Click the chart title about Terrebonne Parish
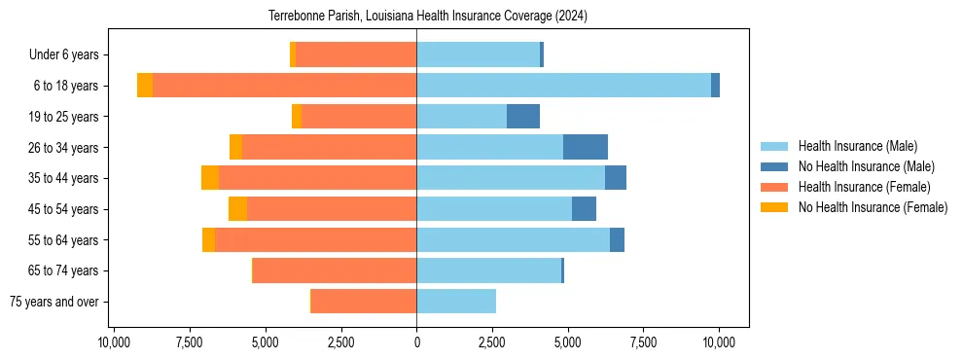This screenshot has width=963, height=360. point(427,17)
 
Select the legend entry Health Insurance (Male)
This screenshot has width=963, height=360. point(857,146)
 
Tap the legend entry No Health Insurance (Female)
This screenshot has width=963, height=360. point(873,207)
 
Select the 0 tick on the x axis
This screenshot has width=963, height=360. point(416,342)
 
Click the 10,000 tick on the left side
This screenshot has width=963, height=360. point(114,342)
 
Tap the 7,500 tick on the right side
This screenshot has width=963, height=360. point(643,342)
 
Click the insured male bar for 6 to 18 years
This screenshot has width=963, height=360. point(563,86)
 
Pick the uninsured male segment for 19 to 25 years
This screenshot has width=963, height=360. point(523,117)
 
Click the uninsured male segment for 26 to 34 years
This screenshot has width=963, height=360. point(586,147)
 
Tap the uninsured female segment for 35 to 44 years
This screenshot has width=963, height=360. point(210,178)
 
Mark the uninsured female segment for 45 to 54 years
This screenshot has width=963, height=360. point(238,209)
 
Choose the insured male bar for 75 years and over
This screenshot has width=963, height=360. point(456,302)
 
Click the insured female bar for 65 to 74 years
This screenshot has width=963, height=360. point(335,270)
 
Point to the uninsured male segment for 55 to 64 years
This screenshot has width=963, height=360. point(617,239)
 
